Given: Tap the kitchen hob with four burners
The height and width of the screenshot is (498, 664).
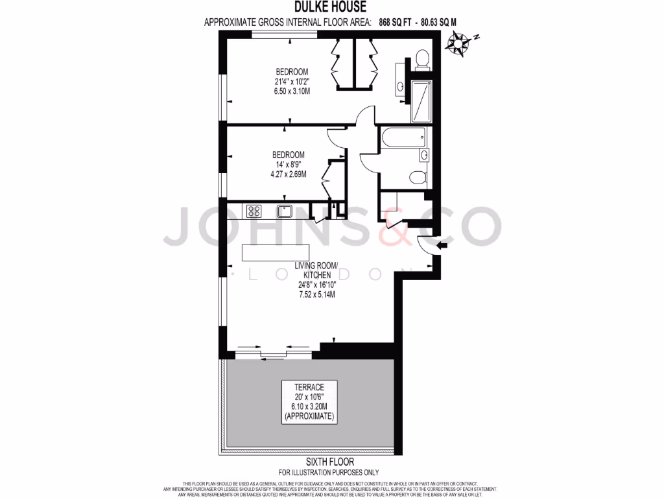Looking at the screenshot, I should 253,211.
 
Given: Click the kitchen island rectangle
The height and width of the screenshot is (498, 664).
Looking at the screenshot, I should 275,252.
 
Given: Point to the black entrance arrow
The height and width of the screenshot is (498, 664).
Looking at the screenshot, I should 444,245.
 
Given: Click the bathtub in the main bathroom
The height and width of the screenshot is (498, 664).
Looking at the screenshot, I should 402,136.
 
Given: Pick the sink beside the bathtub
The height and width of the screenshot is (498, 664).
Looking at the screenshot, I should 423,154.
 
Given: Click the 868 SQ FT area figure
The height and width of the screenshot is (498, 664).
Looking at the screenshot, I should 395,22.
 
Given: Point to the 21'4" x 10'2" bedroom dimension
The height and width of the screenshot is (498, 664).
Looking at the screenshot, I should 292,82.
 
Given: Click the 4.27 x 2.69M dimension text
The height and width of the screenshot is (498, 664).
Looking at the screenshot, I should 289,174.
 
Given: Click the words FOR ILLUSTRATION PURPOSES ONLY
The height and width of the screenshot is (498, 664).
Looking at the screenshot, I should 329,473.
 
